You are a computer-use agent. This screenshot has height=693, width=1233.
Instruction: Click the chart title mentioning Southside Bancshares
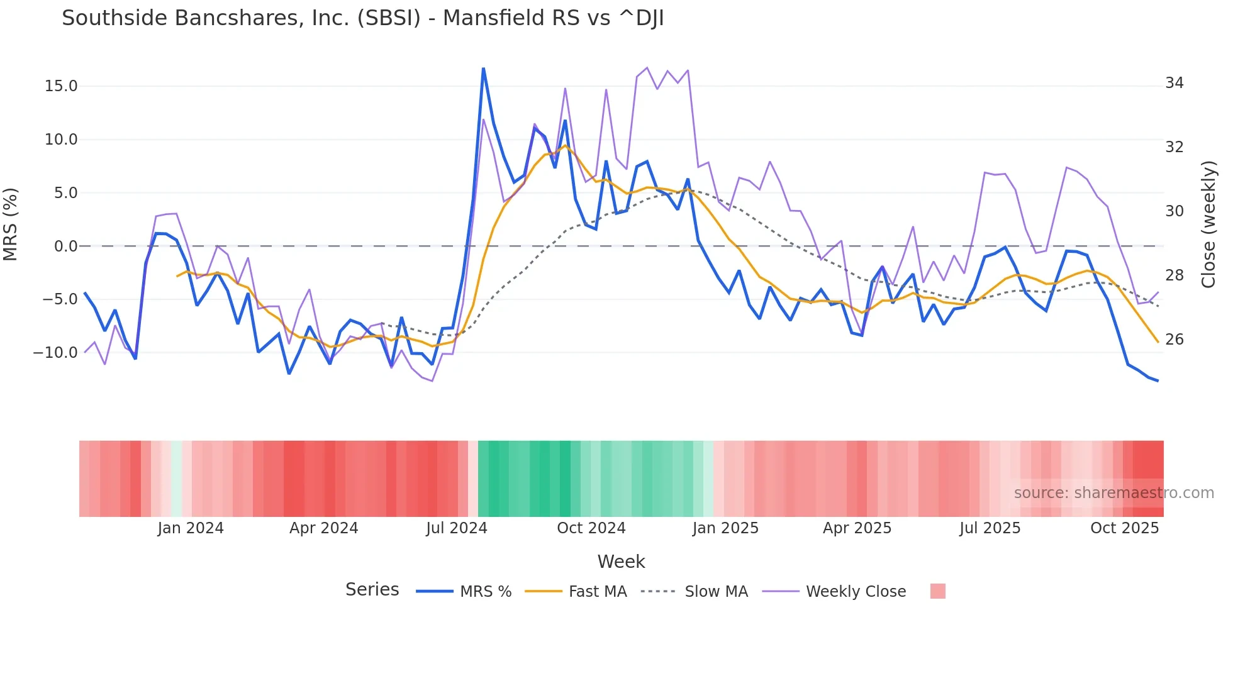click(x=362, y=18)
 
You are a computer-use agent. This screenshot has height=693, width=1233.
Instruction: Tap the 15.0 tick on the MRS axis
click(x=61, y=86)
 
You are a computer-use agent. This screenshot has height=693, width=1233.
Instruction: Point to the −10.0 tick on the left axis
click(x=55, y=353)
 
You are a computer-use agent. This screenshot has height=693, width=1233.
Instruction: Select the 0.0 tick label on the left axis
click(x=65, y=247)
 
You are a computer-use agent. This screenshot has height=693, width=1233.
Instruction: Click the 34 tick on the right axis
click(x=1174, y=83)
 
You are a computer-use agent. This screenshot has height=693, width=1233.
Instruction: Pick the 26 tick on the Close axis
click(x=1174, y=340)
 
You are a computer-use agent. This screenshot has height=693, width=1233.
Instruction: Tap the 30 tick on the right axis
click(x=1174, y=211)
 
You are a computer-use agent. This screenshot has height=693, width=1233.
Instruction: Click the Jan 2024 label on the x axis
click(x=191, y=528)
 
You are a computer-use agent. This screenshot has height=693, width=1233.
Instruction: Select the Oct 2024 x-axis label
click(x=591, y=528)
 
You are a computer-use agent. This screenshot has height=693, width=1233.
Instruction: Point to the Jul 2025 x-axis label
click(x=990, y=528)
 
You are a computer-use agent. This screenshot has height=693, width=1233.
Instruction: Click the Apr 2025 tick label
click(x=857, y=528)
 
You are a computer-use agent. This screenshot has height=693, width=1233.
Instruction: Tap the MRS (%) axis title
click(x=10, y=225)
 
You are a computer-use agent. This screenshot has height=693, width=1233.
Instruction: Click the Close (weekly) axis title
click(x=1208, y=225)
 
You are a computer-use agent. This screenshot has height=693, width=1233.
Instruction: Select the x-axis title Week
click(x=621, y=562)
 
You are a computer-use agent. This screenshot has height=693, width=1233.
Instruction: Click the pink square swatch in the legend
click(x=937, y=591)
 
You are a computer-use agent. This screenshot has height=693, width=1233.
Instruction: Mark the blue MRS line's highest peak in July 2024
click(x=483, y=69)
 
